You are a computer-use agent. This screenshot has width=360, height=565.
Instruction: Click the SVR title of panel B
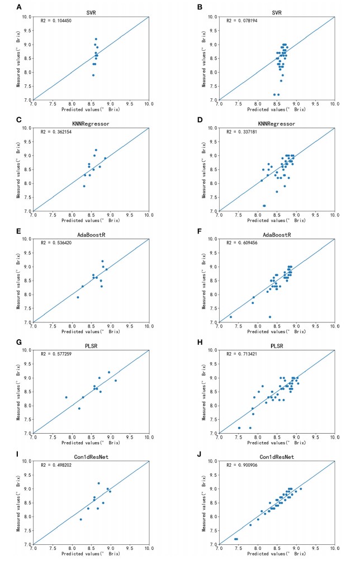(x=277, y=12)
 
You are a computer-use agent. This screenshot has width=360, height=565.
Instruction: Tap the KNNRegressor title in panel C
(x=91, y=123)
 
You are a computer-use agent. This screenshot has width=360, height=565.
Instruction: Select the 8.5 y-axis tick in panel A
(x=26, y=59)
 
